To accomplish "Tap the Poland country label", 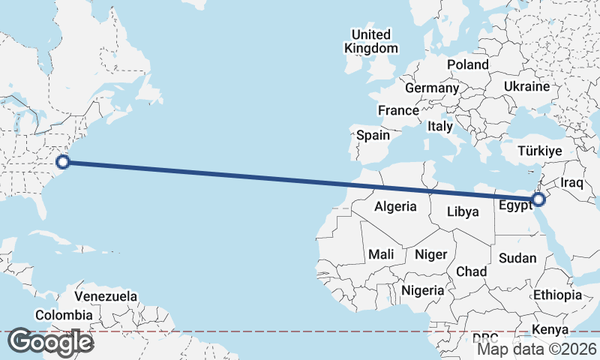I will coord(468,64).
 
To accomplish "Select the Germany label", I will coord(431,88).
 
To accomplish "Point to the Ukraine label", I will coord(526,87).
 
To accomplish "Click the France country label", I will coord(398,110).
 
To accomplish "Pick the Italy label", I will coord(440,127).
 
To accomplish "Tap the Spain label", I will coord(373,135).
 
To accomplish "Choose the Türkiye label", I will coord(540,151).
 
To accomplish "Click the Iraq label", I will coord(571,182).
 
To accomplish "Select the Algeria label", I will coord(395,206).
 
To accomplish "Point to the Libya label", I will coord(463,211).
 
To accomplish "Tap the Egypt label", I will coord(514,205).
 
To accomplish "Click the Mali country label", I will coord(381,255).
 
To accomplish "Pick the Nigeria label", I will coord(424,290).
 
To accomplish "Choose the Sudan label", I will coord(517,258).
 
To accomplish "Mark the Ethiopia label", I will coord(557,295).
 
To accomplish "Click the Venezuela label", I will coord(106,296).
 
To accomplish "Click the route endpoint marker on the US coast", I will coord(63,161).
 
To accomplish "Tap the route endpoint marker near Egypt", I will coord(538,199).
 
